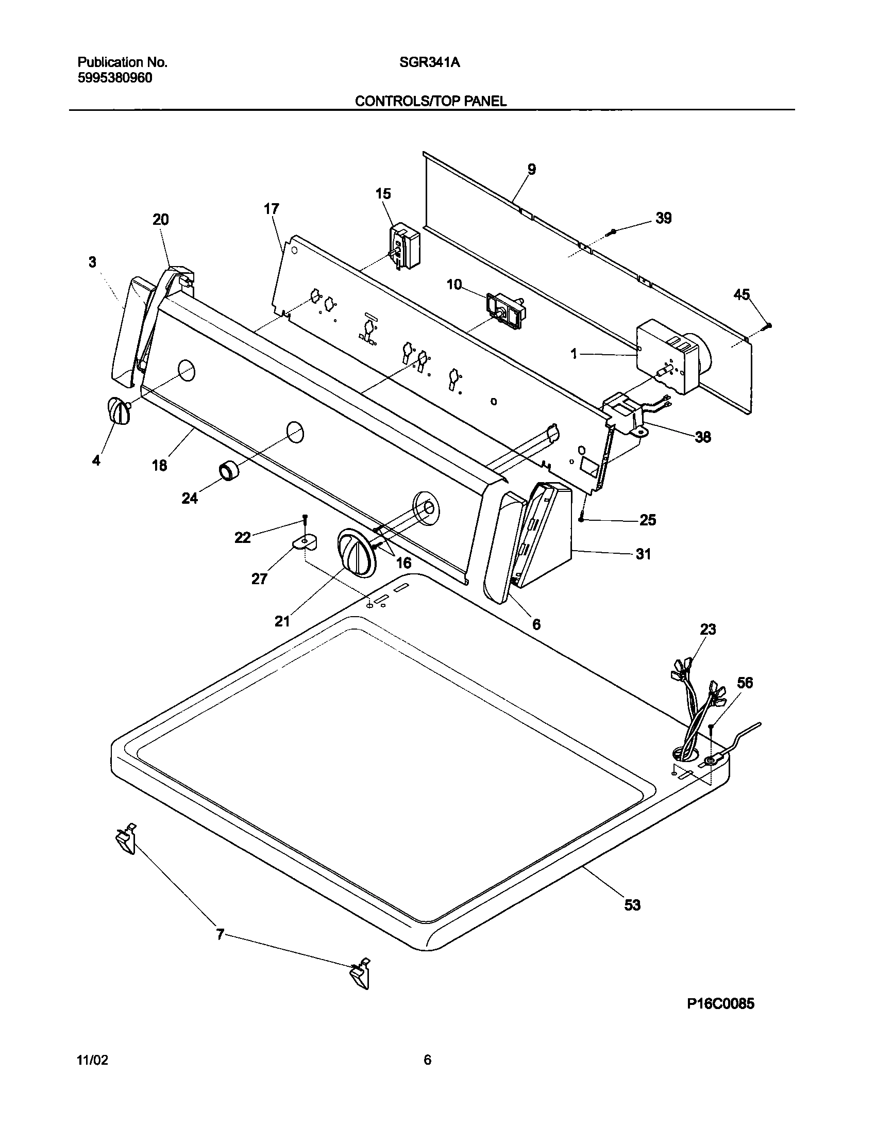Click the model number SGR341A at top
429,62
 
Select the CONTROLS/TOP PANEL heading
430,101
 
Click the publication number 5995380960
115,78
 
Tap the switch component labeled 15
405,245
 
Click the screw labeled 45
768,325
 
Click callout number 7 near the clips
220,934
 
